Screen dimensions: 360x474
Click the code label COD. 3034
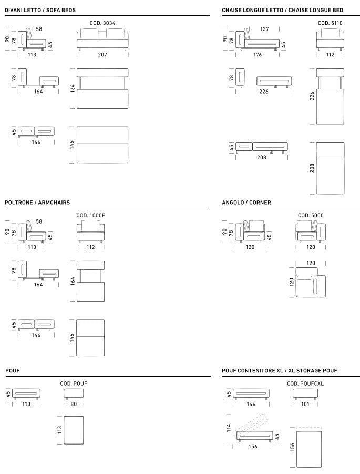(x=102, y=23)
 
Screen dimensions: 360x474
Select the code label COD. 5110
(x=330, y=23)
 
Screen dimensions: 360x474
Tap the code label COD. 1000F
(x=90, y=216)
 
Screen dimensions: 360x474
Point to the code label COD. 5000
(x=311, y=216)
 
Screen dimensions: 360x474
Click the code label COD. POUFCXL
(x=305, y=384)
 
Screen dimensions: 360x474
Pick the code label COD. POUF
(x=74, y=384)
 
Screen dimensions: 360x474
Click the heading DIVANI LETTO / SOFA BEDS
(x=40, y=10)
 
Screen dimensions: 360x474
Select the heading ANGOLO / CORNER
(x=246, y=203)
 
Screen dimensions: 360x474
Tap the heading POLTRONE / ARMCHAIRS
(x=37, y=203)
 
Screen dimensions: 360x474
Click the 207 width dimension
(x=102, y=55)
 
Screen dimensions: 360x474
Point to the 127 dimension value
(x=264, y=29)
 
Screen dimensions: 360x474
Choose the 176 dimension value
(x=258, y=55)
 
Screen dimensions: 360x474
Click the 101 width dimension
(x=305, y=404)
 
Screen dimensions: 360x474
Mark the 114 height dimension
(x=229, y=428)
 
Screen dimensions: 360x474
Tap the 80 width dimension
(x=74, y=404)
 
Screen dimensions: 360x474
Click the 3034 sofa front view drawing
(x=102, y=39)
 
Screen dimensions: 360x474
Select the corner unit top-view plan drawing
(x=311, y=282)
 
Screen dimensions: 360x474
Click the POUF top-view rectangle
(x=74, y=430)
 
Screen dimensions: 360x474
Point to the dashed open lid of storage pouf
(x=252, y=423)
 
